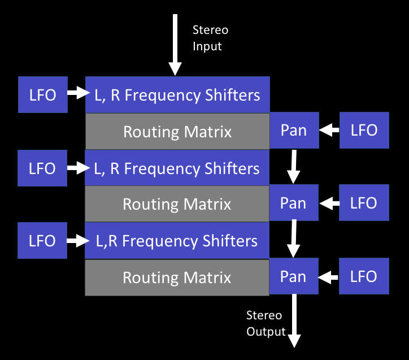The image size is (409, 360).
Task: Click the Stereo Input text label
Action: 210,37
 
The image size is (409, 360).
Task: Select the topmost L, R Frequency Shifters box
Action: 177,94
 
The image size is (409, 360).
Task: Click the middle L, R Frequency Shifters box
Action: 177,168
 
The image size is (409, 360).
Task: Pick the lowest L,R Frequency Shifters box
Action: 177,241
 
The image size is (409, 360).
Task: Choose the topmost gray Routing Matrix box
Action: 177,131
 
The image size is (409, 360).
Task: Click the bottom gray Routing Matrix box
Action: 177,277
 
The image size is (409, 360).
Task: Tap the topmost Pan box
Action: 294,131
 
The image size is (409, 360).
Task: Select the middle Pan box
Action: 293,203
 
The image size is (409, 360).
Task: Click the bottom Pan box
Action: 293,276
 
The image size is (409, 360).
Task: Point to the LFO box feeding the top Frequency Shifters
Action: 42,94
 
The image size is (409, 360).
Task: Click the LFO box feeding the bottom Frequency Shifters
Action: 42,241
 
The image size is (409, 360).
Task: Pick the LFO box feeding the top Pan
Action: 364,131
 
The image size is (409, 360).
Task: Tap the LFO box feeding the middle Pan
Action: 364,203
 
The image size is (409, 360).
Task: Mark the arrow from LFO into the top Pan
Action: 329,131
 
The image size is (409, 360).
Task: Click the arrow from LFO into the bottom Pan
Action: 329,277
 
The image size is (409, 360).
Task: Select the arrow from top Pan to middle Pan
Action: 294,167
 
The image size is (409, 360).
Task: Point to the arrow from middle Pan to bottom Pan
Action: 294,240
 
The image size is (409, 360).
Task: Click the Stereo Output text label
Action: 266,323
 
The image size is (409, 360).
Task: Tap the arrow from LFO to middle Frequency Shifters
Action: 76,168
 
